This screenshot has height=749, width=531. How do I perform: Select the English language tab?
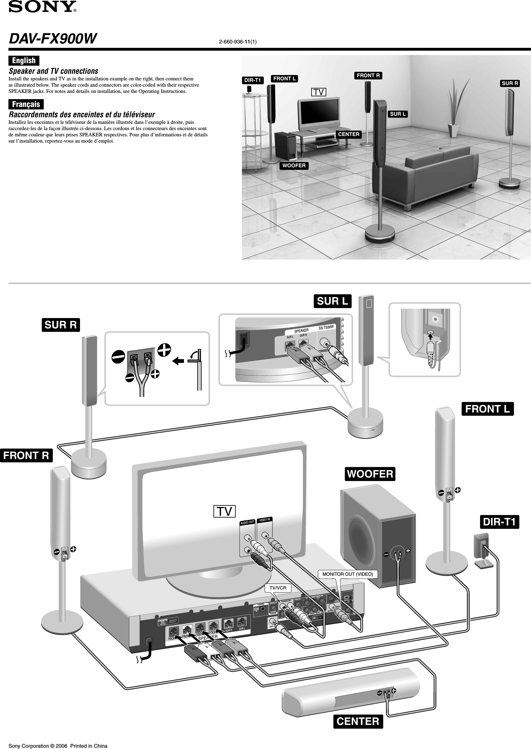(x=24, y=61)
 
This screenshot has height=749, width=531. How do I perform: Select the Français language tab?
(x=26, y=104)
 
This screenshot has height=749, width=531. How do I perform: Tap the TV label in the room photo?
(x=318, y=92)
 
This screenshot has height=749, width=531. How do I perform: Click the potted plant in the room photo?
(x=454, y=108)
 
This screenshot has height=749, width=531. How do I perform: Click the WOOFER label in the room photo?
(x=294, y=165)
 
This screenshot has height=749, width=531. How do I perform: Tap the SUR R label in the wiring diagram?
(x=61, y=325)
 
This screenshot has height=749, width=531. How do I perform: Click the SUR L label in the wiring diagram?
(x=333, y=301)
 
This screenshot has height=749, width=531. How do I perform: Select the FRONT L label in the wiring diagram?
(x=487, y=409)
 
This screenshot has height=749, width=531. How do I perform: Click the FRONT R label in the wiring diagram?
(x=26, y=455)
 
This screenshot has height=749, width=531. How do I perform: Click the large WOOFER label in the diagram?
(x=370, y=474)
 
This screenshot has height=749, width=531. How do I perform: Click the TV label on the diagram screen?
(x=224, y=511)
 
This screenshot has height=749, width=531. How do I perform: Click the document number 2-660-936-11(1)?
(x=238, y=42)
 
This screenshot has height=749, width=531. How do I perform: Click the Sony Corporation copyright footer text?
(x=58, y=743)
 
